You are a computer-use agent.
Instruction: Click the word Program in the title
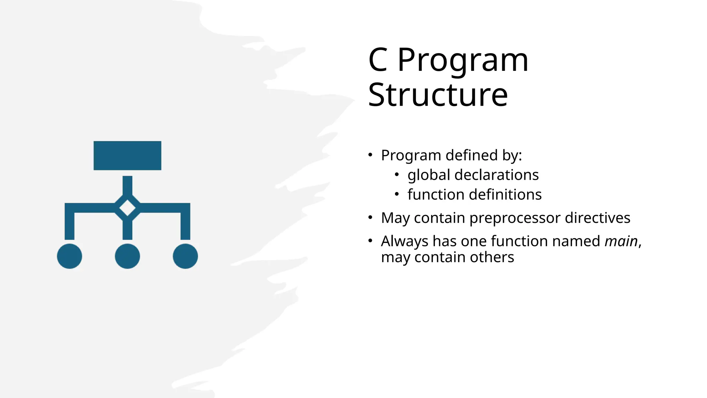click(x=463, y=60)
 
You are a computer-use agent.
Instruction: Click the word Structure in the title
click(x=438, y=95)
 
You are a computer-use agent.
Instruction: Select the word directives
click(x=597, y=218)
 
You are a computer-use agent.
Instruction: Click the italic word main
click(x=621, y=241)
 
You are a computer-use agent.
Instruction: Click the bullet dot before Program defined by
click(x=370, y=155)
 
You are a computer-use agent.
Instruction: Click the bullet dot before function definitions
click(x=397, y=195)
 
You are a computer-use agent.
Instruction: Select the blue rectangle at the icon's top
click(x=127, y=155)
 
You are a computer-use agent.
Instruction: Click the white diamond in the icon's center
click(x=127, y=208)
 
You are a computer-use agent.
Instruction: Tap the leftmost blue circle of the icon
click(x=69, y=256)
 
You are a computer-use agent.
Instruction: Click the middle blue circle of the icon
click(x=127, y=256)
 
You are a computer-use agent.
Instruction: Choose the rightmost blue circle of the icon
click(x=185, y=256)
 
